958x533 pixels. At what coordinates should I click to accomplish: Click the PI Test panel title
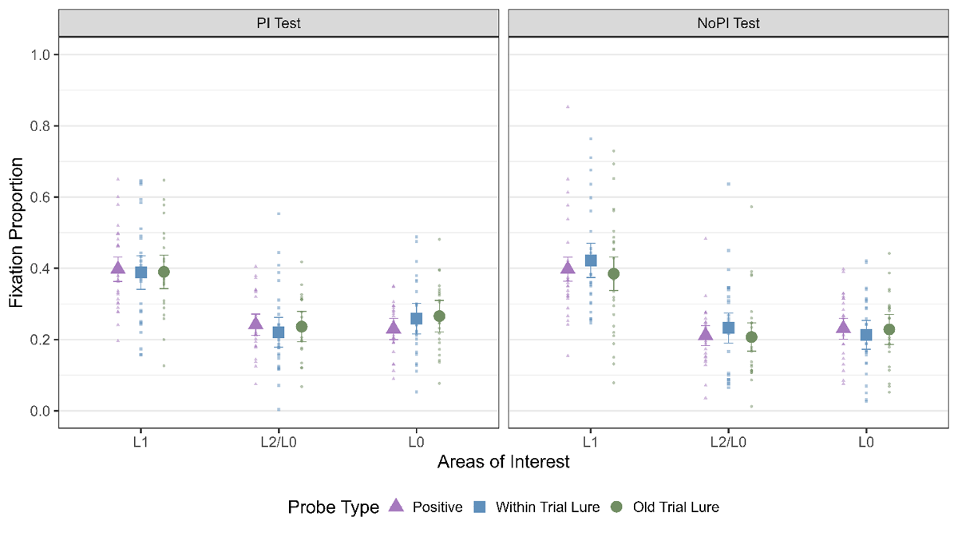click(x=279, y=23)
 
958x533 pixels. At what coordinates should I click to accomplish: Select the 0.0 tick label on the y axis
click(x=40, y=411)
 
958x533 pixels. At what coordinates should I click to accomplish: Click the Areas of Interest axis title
click(x=504, y=462)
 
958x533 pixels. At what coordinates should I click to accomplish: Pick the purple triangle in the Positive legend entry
click(x=395, y=506)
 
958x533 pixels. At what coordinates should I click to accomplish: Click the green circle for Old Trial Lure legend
click(x=616, y=506)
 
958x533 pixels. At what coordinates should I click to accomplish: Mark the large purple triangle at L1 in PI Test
click(x=118, y=269)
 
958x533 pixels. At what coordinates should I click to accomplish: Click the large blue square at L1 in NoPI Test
click(x=591, y=261)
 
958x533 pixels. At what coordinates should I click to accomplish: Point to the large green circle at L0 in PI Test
click(x=439, y=316)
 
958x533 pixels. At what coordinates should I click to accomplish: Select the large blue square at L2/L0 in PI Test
click(x=279, y=332)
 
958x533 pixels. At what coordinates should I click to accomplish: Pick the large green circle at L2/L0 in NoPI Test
click(x=751, y=337)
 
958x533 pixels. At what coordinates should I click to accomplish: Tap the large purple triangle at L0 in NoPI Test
click(x=844, y=326)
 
